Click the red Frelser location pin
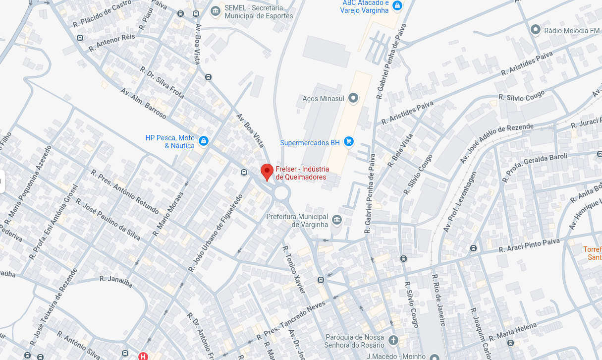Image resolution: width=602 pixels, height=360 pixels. [267, 172]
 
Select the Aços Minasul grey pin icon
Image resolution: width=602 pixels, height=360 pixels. [353, 98]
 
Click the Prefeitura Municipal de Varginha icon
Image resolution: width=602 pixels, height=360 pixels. [337, 220]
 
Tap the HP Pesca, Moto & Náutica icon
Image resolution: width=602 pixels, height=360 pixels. [203, 141]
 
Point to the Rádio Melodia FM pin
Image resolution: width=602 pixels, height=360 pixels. [535, 30]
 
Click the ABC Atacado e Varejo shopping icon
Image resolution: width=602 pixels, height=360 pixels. [397, 6]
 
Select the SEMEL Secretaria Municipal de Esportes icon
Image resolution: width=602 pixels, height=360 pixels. [215, 11]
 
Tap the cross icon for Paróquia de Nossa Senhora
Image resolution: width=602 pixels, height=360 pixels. [393, 340]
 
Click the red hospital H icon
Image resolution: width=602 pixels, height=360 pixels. [143, 356]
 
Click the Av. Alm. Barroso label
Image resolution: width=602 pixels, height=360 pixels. [143, 103]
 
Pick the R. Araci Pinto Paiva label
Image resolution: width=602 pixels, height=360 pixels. [529, 245]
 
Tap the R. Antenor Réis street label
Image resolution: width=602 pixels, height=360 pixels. [111, 43]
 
